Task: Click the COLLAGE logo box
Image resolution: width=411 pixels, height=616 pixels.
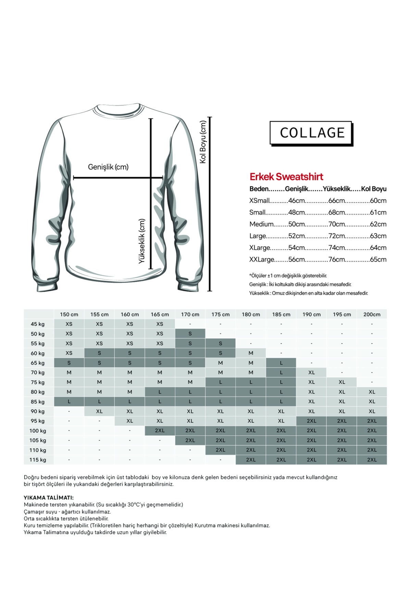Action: pyautogui.click(x=311, y=133)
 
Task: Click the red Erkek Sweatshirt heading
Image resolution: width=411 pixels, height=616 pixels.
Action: pyautogui.click(x=286, y=177)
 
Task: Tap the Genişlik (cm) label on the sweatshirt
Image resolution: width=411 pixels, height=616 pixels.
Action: pyautogui.click(x=108, y=167)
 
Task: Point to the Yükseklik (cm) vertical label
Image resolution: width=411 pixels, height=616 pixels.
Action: pyautogui.click(x=142, y=241)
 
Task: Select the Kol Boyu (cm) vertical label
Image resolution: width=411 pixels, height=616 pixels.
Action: pyautogui.click(x=203, y=142)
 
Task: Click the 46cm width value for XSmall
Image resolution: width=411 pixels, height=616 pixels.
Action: pyautogui.click(x=296, y=201)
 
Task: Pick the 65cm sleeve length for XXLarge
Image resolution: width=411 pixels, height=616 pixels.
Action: pyautogui.click(x=378, y=259)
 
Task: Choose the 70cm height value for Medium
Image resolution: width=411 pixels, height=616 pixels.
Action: pyautogui.click(x=336, y=224)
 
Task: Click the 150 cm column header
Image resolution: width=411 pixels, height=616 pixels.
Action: pyautogui.click(x=69, y=314)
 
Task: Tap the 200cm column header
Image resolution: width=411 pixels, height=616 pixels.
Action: pyautogui.click(x=372, y=314)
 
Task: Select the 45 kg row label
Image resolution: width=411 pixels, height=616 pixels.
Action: pyautogui.click(x=38, y=324)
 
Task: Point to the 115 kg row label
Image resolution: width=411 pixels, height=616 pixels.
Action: pyautogui.click(x=38, y=460)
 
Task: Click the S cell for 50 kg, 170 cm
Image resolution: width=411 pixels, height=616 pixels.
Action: pyautogui.click(x=190, y=334)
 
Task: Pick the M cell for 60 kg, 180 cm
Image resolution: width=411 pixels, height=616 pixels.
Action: pyautogui.click(x=251, y=353)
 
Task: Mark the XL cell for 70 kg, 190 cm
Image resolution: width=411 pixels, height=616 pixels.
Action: pyautogui.click(x=311, y=372)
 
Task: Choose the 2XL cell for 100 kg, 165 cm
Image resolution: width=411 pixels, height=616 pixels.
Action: pyautogui.click(x=160, y=431)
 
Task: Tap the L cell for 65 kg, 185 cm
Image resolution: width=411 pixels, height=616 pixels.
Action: pyautogui.click(x=281, y=363)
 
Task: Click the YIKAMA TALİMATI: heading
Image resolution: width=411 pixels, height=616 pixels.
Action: pyautogui.click(x=49, y=498)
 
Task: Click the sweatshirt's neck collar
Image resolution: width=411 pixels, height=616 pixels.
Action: pyautogui.click(x=118, y=110)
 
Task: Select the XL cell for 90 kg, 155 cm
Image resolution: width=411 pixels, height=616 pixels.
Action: pyautogui.click(x=99, y=411)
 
